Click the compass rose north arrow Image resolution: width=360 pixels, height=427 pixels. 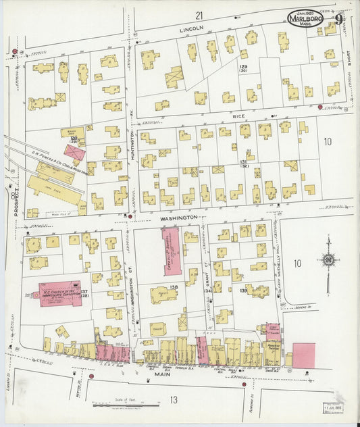(328, 260)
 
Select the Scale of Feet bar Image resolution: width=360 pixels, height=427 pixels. (126, 405)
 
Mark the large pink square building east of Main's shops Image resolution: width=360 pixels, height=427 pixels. (303, 355)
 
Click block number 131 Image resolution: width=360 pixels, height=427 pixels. (243, 163)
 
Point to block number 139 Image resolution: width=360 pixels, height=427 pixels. (243, 290)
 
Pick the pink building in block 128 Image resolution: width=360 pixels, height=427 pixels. (75, 153)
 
